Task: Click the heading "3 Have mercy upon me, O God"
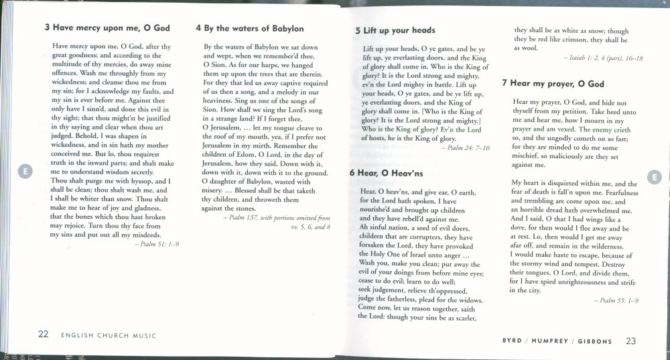click(107, 28)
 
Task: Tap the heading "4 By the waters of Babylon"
click(249, 28)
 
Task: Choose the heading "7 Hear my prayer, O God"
click(553, 83)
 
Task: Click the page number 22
click(42, 334)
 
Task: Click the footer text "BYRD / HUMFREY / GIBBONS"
click(557, 341)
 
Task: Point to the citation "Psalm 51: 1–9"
click(156, 245)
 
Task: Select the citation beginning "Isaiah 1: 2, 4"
click(603, 58)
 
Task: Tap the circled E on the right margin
click(655, 177)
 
